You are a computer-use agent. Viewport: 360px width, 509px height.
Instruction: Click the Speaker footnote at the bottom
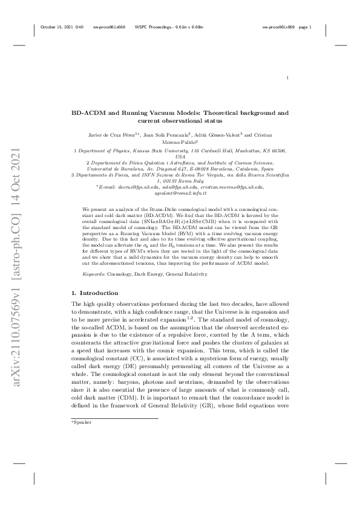tap(82, 422)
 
